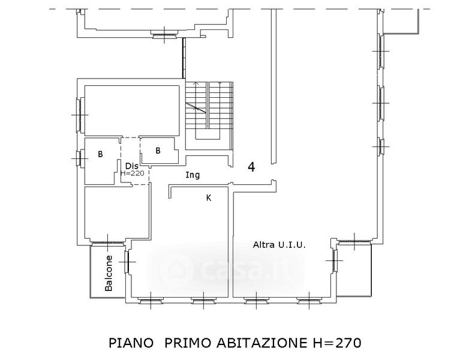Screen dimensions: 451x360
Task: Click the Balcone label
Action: pyautogui.click(x=109, y=273)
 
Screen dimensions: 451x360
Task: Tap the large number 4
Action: pyautogui.click(x=251, y=167)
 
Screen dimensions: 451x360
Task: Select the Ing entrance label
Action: pyautogui.click(x=193, y=175)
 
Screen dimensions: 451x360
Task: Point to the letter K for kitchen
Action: pyautogui.click(x=209, y=197)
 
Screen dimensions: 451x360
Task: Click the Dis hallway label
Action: pyautogui.click(x=132, y=166)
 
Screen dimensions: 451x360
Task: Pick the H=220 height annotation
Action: pyautogui.click(x=133, y=173)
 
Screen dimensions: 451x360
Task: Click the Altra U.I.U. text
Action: pyautogui.click(x=279, y=245)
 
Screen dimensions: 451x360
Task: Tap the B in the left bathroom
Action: pyautogui.click(x=100, y=154)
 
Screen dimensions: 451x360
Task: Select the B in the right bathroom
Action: pyautogui.click(x=158, y=151)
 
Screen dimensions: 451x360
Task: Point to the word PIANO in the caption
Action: pyautogui.click(x=131, y=343)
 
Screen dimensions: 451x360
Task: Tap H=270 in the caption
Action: pyautogui.click(x=336, y=343)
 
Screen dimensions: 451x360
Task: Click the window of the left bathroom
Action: pyautogui.click(x=79, y=158)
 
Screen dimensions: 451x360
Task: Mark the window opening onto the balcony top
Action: pyautogui.click(x=107, y=244)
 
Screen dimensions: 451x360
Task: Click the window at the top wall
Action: pyautogui.click(x=164, y=35)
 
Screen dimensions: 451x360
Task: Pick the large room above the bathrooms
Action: pyautogui.click(x=132, y=111)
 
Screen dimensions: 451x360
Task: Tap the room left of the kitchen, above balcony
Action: pyautogui.click(x=117, y=213)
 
